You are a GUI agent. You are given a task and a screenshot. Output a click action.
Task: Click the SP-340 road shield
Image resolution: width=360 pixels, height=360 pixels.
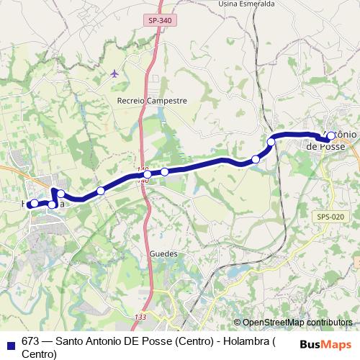tap(161, 22)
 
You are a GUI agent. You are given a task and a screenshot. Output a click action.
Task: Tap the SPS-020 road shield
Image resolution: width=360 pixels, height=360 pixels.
tap(329, 215)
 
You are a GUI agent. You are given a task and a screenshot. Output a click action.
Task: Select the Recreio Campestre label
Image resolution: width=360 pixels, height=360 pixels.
tap(152, 102)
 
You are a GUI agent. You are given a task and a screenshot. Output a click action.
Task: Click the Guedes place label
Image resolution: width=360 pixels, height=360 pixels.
tap(163, 253)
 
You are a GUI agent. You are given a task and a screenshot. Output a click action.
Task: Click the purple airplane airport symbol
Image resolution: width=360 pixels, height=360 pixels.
tap(115, 73)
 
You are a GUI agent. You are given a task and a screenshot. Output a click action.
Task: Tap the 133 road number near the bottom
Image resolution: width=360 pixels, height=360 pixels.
tap(140, 316)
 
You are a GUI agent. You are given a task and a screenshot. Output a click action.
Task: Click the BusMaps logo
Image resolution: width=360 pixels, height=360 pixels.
tap(325, 344)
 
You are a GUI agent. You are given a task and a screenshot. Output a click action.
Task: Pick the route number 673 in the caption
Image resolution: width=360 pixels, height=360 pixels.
tap(30, 342)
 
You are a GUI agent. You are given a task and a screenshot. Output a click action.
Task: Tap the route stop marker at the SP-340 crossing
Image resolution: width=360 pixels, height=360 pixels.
tap(147, 174)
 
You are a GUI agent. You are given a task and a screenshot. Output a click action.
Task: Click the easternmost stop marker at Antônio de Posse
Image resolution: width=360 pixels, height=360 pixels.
tap(330, 136)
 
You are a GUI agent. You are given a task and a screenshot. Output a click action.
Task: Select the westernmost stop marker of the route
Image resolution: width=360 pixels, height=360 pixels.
tap(33, 204)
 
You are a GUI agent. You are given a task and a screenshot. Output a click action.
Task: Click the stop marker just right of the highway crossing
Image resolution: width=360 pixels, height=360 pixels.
tap(165, 171)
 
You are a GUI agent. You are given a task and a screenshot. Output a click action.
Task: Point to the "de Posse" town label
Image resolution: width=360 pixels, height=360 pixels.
tap(325, 145)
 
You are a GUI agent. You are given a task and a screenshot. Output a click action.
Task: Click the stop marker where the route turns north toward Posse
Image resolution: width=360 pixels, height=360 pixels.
tap(271, 142)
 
